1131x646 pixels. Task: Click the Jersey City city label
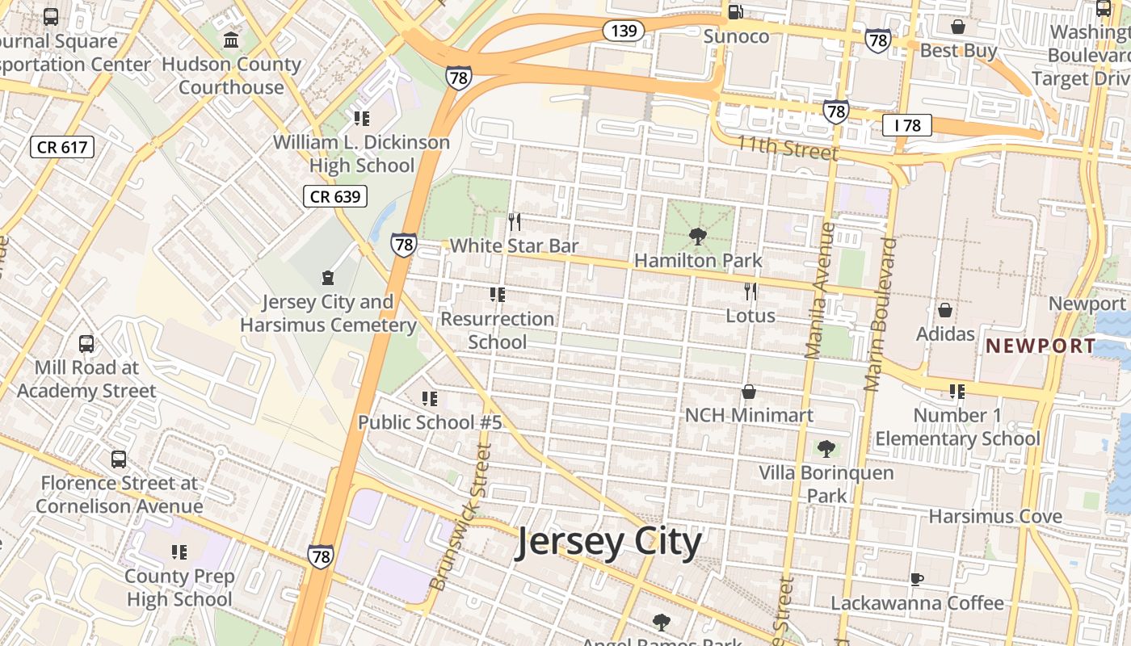pos(608,543)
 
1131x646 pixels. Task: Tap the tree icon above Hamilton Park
pos(698,237)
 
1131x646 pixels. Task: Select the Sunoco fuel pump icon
pos(735,12)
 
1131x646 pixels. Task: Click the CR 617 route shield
pos(62,147)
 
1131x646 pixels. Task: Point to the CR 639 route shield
pos(335,196)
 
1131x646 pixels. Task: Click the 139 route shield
pos(623,31)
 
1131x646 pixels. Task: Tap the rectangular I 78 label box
pos(907,125)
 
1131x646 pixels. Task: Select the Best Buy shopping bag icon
pos(958,27)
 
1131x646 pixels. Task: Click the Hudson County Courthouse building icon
pos(231,40)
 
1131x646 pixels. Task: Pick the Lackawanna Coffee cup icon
pos(917,579)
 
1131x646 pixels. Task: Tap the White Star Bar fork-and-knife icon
pos(514,221)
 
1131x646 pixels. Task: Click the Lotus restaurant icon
pos(750,292)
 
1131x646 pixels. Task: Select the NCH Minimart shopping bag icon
pos(749,392)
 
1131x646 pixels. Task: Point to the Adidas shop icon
pos(944,310)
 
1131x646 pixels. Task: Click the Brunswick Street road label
pos(460,517)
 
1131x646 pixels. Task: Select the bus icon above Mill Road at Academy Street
pos(86,344)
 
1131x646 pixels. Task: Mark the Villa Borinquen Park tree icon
pos(826,448)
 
